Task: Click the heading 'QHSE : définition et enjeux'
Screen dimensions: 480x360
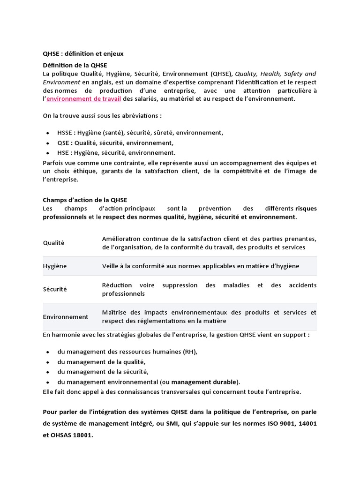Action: [x=83, y=54]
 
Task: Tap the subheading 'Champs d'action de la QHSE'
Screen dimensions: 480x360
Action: [x=85, y=200]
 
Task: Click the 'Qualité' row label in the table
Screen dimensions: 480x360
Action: [x=53, y=243]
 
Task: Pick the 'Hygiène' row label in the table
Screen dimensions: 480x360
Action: [x=55, y=266]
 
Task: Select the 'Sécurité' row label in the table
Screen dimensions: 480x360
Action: [x=55, y=289]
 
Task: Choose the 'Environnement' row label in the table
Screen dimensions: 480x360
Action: [x=66, y=317]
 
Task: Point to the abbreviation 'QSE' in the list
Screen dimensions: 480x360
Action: [x=63, y=142]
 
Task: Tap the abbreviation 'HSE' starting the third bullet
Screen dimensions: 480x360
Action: [x=63, y=152]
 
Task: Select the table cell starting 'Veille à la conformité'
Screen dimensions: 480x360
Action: [x=200, y=266]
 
